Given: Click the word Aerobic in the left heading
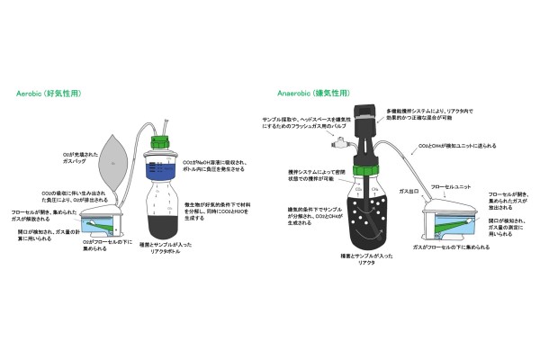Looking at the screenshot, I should (33, 93).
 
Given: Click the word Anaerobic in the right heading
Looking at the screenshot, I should (293, 92).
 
